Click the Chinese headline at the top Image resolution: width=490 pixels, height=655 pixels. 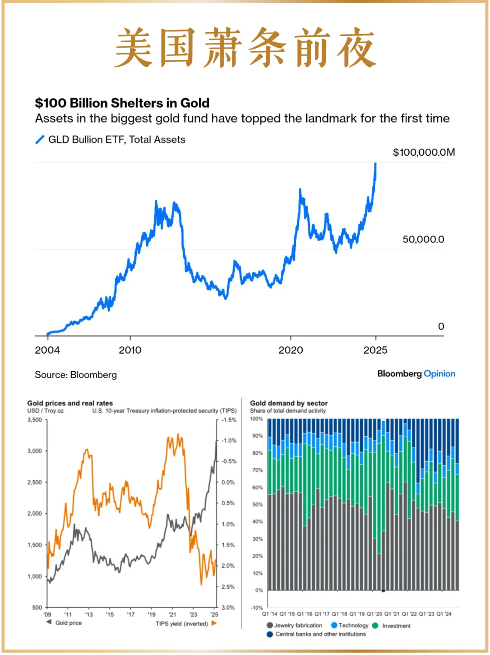[x=245, y=48]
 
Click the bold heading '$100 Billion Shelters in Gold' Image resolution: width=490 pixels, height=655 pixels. [x=122, y=103]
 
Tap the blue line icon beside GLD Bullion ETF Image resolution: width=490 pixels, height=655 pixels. [x=40, y=139]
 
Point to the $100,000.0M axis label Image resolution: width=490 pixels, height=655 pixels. [x=423, y=153]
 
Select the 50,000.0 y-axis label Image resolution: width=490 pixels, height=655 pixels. [x=423, y=240]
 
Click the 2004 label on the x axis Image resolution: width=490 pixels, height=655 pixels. [x=47, y=350]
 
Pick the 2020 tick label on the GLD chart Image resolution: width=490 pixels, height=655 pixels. [x=290, y=350]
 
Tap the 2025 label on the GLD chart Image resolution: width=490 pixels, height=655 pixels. [x=375, y=350]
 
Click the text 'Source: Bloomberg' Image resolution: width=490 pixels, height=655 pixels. [x=76, y=375]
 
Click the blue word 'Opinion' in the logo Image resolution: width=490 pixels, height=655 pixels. [x=439, y=374]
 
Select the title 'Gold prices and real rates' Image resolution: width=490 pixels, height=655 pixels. [x=70, y=403]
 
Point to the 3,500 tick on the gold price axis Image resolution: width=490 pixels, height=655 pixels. [x=34, y=420]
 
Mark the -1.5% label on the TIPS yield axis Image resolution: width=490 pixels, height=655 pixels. [x=229, y=420]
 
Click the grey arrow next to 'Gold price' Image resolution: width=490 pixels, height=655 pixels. [x=49, y=622]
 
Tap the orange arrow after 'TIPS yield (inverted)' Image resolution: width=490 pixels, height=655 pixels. [x=214, y=623]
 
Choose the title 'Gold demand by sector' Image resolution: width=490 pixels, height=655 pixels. [x=289, y=403]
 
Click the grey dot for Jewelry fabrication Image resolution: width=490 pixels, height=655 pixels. [x=270, y=625]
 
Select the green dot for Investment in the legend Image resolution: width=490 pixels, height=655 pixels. [x=375, y=625]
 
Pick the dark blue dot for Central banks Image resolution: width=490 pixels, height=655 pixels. [x=270, y=634]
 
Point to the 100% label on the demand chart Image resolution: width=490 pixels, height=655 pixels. [x=256, y=419]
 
